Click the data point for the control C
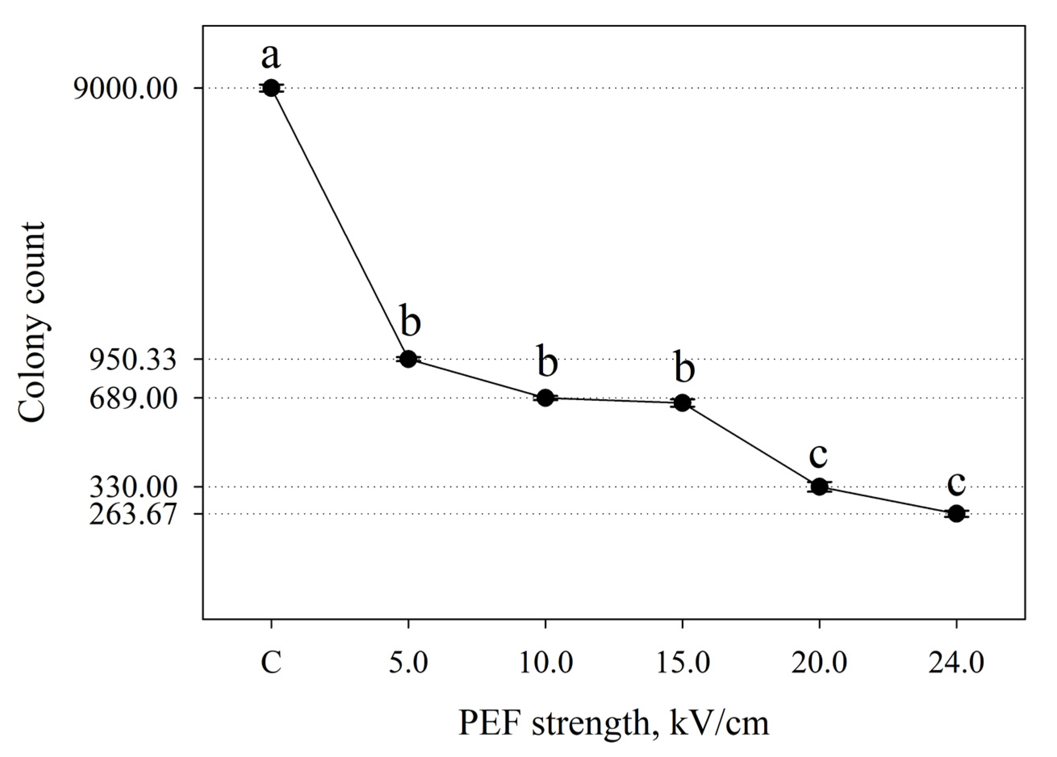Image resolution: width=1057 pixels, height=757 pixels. pyautogui.click(x=271, y=88)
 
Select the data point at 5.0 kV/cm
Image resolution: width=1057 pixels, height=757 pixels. pyautogui.click(x=408, y=358)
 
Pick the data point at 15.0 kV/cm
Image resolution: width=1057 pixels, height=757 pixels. pyautogui.click(x=683, y=402)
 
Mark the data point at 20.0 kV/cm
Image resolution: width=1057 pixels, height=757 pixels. pyautogui.click(x=819, y=487)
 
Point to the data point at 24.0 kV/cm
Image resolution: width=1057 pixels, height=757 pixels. pyautogui.click(x=956, y=514)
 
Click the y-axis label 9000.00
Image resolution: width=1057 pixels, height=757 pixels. pyautogui.click(x=125, y=88)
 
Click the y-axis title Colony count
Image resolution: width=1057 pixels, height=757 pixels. pyautogui.click(x=32, y=322)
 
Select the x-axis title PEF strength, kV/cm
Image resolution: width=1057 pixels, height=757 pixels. pyautogui.click(x=613, y=723)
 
